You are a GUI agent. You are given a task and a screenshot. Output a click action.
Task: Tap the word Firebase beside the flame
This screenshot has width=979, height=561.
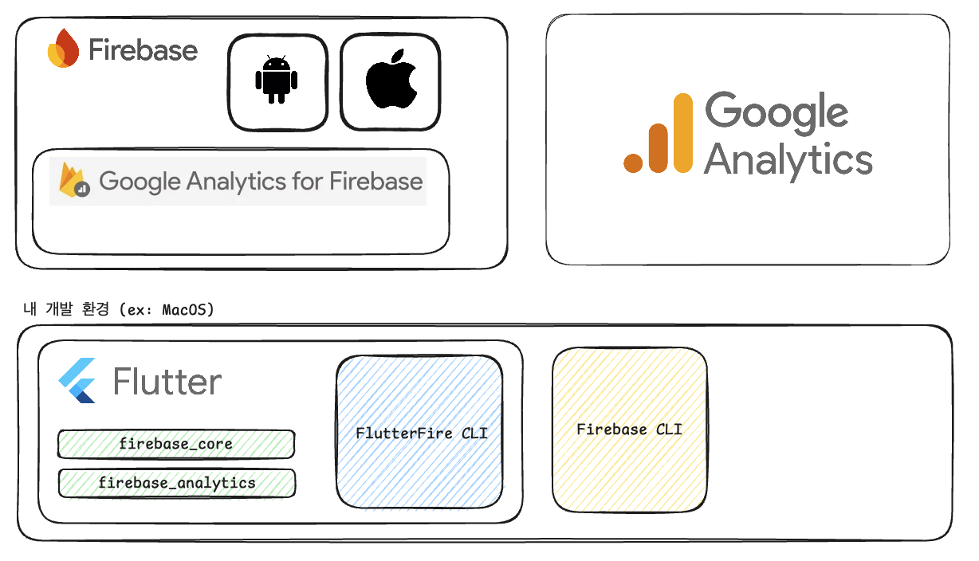tap(143, 50)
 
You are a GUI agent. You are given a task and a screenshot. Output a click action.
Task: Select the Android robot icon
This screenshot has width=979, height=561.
tap(277, 80)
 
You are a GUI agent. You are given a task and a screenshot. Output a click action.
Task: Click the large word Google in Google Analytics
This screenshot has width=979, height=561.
tap(777, 111)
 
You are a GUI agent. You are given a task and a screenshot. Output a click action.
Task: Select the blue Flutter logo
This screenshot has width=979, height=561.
tap(78, 380)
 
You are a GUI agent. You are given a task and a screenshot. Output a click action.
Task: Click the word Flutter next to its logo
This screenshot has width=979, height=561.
tap(167, 382)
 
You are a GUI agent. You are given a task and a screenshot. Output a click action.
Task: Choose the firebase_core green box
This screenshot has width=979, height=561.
tap(175, 444)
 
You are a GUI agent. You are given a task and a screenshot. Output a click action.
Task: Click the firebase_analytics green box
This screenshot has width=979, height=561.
tap(176, 483)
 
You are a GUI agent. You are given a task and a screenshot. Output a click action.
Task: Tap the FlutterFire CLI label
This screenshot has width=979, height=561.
tap(421, 433)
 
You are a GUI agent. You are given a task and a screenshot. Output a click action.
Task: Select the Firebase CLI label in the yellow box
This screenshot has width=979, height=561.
tap(629, 430)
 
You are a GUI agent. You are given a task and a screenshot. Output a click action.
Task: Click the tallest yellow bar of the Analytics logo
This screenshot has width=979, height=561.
tap(683, 132)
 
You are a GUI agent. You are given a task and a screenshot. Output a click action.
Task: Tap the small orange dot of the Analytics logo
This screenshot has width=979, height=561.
tap(633, 163)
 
